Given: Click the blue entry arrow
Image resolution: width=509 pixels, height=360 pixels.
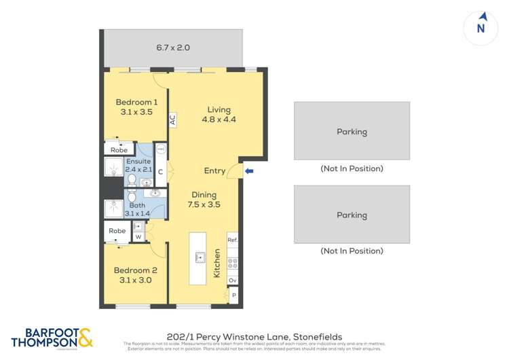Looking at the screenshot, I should click(249, 171).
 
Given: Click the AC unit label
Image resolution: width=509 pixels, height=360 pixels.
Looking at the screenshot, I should click(172, 120).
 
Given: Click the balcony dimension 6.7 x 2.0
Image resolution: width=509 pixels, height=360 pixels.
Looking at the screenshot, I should click(173, 48).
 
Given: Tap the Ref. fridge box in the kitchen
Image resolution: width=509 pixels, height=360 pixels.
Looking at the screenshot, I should click(232, 240).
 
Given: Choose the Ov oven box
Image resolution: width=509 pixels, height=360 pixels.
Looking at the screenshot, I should click(232, 280).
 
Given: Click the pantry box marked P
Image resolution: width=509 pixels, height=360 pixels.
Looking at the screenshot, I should click(233, 295).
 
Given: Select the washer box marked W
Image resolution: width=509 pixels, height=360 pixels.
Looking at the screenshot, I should click(138, 237).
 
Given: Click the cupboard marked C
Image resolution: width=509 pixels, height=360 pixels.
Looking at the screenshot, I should click(161, 172).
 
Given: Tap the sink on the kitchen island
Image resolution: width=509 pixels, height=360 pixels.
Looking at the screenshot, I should click(200, 257).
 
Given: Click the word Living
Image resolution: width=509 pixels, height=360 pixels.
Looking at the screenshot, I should click(219, 109).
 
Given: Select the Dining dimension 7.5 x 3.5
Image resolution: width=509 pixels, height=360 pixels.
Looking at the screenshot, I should click(204, 204).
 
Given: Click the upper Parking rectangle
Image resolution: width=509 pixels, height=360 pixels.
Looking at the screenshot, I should click(352, 131).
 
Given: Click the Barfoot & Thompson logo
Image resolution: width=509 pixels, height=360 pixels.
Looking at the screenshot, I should click(52, 338).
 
